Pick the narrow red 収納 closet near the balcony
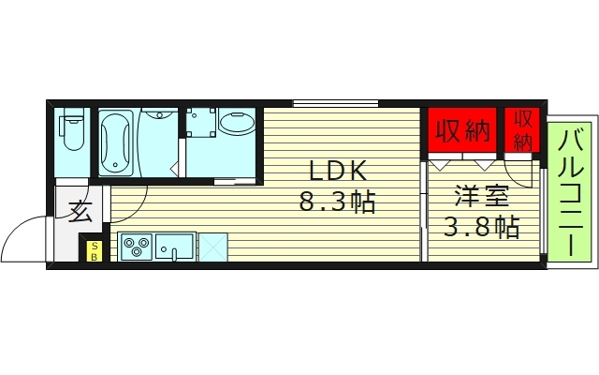pos(523,130)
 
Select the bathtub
pos(117,142)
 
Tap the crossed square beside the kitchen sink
pos(212,247)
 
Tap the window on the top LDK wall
pos(335,101)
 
